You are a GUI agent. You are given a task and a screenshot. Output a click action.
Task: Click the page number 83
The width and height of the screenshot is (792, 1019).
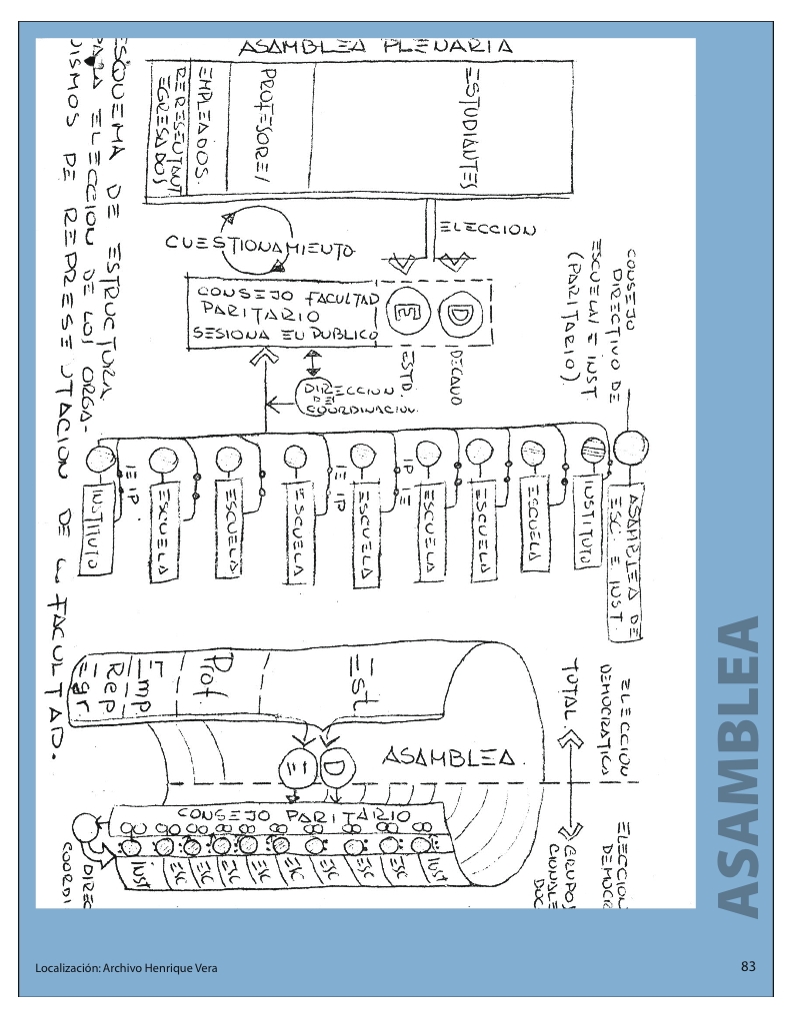point(748,967)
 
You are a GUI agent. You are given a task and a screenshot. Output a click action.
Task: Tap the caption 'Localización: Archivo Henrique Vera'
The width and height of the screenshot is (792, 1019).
point(125,968)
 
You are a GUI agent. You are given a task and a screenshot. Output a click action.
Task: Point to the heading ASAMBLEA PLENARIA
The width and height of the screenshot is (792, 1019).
point(375,46)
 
